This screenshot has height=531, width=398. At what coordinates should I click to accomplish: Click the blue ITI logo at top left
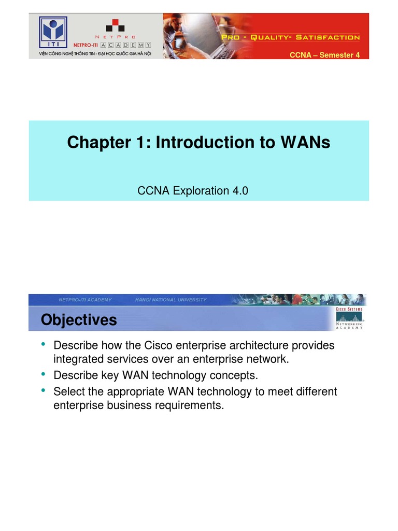(54, 29)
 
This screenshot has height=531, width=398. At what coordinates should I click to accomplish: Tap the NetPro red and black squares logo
(116, 25)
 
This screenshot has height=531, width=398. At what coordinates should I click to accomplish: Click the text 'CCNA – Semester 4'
(324, 55)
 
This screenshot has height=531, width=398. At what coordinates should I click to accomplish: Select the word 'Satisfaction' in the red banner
(332, 37)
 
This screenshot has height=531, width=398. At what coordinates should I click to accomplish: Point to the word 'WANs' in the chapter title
(306, 143)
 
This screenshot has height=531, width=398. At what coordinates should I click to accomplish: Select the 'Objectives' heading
(79, 320)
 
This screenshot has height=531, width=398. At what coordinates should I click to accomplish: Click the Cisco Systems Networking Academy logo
(349, 317)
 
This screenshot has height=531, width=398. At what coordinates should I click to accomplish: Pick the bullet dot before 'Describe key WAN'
(43, 373)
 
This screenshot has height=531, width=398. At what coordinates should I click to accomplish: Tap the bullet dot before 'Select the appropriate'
(43, 390)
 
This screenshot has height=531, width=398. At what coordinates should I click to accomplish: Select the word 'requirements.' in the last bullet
(190, 406)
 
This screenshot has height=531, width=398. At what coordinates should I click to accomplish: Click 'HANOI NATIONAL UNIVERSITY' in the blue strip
(170, 300)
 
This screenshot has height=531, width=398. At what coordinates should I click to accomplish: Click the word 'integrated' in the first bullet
(77, 359)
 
